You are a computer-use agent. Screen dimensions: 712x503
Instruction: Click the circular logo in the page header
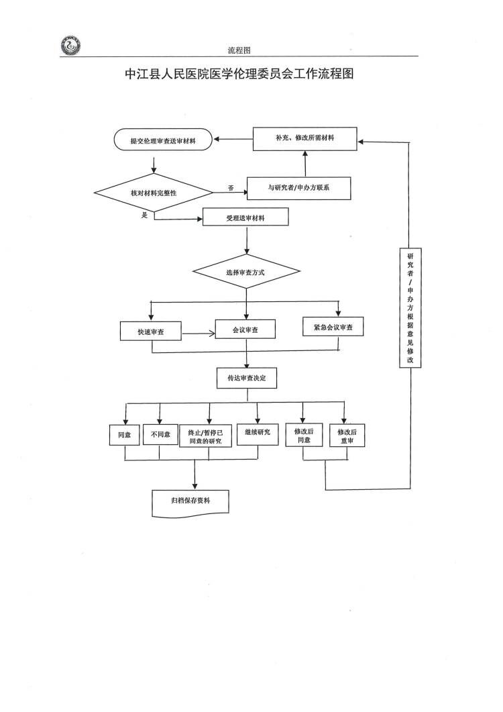70,46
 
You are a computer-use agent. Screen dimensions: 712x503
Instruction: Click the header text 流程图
239,50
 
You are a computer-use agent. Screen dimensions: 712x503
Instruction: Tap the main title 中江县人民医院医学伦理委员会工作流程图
239,74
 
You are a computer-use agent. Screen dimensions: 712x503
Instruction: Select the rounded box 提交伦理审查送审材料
163,141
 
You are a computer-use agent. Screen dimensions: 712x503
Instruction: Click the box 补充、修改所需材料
305,138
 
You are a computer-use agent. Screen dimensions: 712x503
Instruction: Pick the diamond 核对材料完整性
154,193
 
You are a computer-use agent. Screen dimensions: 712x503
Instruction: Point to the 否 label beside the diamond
231,188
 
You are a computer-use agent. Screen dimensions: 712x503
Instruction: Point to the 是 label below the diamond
144,215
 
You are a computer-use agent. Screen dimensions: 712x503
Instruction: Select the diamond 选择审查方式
245,272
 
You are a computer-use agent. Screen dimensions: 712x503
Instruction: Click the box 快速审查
152,332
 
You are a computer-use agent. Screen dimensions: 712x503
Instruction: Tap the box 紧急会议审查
333,327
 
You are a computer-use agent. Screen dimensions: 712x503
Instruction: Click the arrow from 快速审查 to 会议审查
199,332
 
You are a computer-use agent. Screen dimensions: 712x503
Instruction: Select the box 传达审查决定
247,378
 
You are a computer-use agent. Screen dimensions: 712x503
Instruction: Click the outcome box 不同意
160,435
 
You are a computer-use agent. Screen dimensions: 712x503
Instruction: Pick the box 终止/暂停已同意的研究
209,436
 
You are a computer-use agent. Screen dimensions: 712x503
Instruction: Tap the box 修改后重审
347,436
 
